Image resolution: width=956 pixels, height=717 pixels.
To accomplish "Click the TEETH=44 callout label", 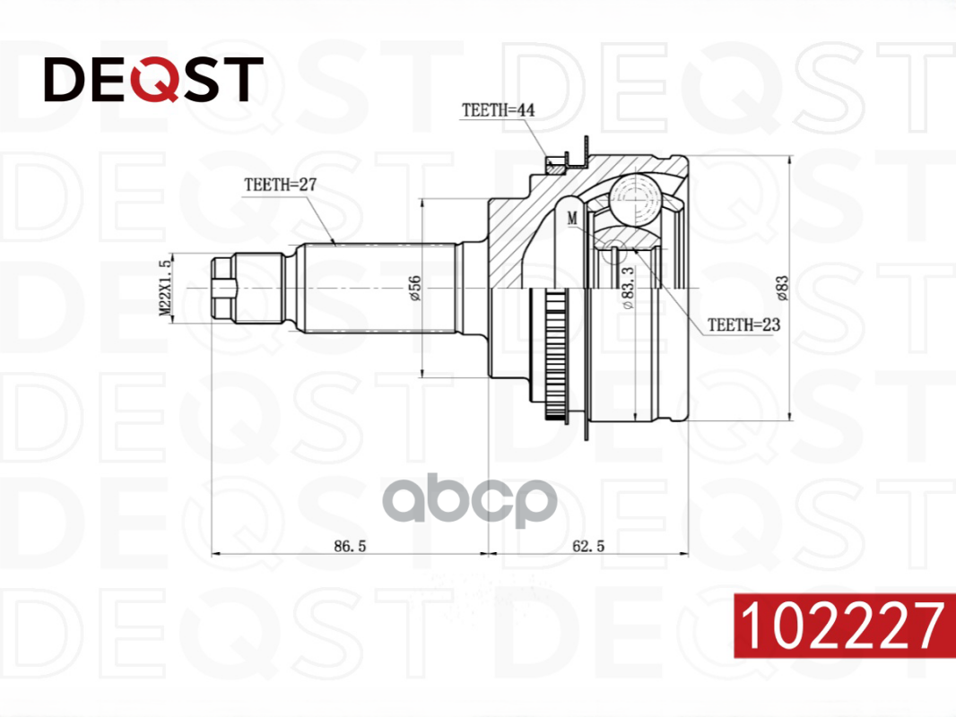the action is click(x=498, y=110).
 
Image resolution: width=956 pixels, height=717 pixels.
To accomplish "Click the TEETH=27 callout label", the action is click(x=281, y=185).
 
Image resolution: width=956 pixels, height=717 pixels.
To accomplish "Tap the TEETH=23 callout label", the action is click(x=743, y=324).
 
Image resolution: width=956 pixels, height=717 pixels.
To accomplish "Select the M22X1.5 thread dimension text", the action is click(x=165, y=288).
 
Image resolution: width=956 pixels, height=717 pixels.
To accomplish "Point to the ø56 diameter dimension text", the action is click(x=414, y=288).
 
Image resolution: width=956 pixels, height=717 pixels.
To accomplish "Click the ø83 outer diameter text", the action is click(x=782, y=288).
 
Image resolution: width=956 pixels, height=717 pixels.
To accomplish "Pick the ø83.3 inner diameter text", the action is click(x=628, y=288).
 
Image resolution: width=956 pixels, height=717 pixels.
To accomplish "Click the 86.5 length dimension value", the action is click(x=350, y=546).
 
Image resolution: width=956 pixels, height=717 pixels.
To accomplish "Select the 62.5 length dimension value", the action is click(x=588, y=546).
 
